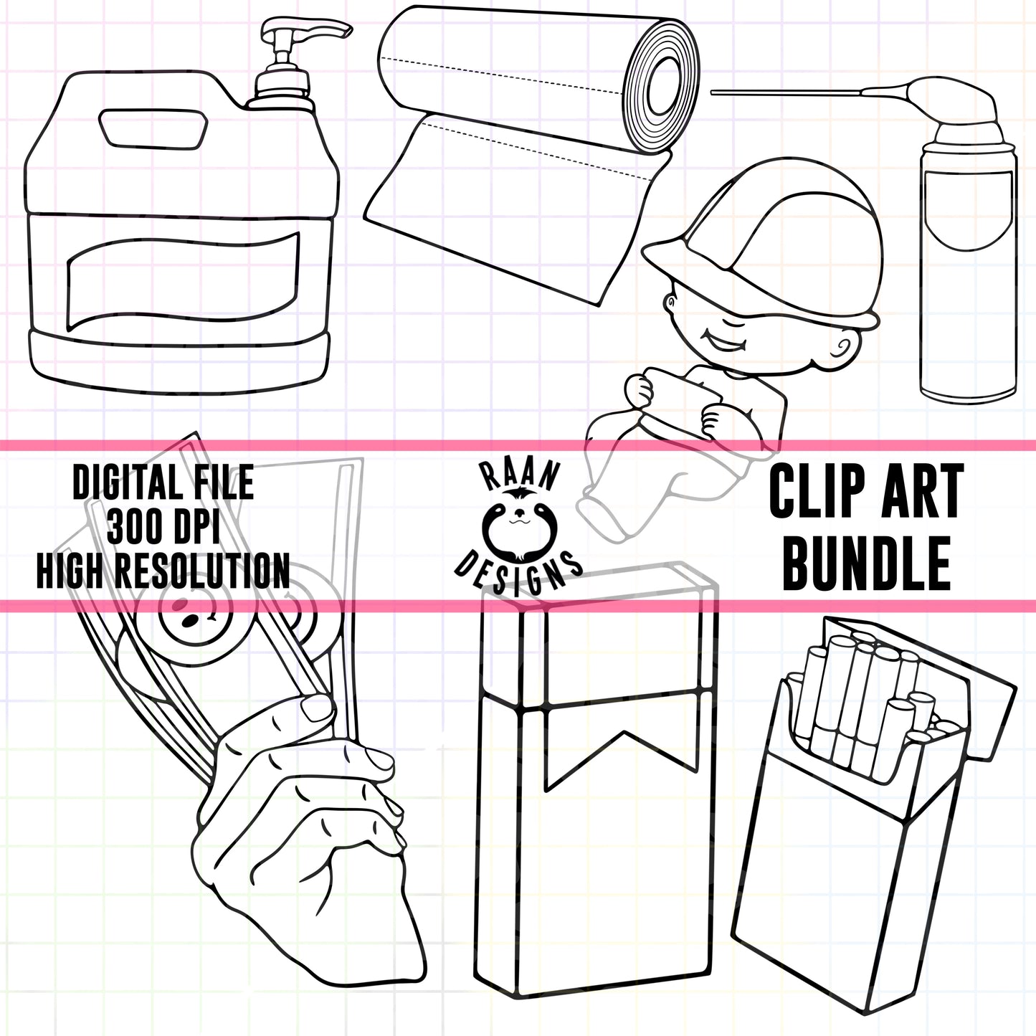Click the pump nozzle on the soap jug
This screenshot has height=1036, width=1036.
pyautogui.click(x=306, y=32)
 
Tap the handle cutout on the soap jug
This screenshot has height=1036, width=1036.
pyautogui.click(x=153, y=128)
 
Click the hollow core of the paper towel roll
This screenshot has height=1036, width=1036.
pyautogui.click(x=665, y=87)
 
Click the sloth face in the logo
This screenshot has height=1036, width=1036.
pyautogui.click(x=519, y=524)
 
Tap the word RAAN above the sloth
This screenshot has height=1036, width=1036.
pyautogui.click(x=519, y=475)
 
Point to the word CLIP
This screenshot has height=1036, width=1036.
pyautogui.click(x=817, y=492)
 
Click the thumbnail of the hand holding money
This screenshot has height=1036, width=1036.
pyautogui.click(x=316, y=707)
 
